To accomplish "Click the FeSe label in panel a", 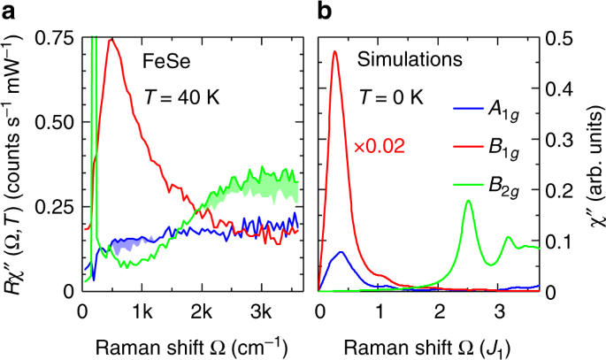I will pyautogui.click(x=165, y=61).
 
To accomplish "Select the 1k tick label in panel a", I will pyautogui.click(x=141, y=310).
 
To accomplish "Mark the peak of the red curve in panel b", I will pyautogui.click(x=335, y=51).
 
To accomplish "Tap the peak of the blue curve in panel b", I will pyautogui.click(x=341, y=252).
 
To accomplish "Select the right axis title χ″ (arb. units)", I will pyautogui.click(x=592, y=164).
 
